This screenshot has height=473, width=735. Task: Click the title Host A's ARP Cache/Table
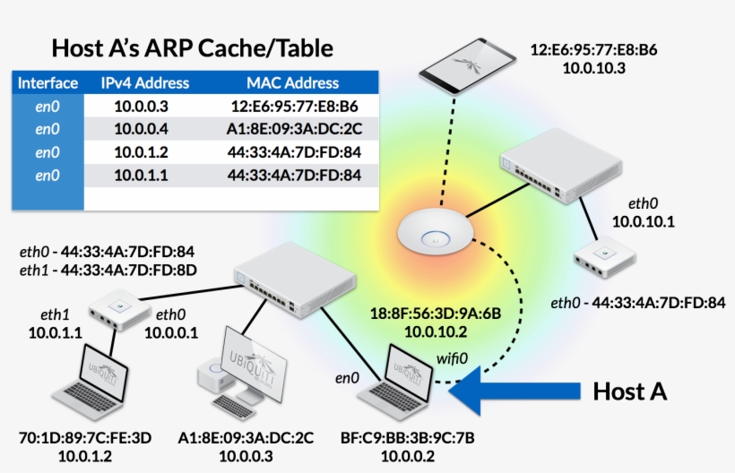(x=192, y=47)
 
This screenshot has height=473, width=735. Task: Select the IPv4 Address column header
(x=145, y=83)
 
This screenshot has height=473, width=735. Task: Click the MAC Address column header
(x=293, y=83)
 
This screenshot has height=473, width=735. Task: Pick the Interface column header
(x=48, y=83)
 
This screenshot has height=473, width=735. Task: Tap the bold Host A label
(x=629, y=391)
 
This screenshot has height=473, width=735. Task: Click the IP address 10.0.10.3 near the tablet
(x=593, y=66)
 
